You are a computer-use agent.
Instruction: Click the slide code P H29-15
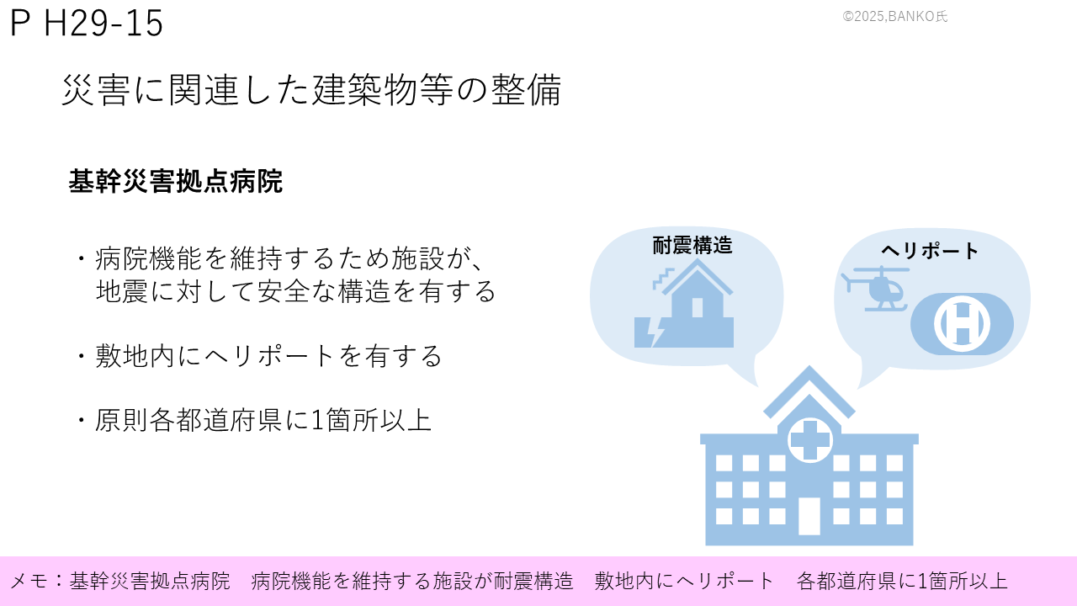tap(87, 23)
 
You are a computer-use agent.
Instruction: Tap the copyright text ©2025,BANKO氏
tap(894, 16)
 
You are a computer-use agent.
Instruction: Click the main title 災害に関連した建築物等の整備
tap(311, 90)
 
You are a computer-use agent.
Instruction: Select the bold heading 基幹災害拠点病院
tap(176, 181)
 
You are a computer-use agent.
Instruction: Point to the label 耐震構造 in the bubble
tap(692, 245)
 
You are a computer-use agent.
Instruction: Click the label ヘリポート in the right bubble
tap(930, 251)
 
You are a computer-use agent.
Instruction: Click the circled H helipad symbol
tap(962, 324)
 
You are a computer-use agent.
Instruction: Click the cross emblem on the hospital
tap(810, 439)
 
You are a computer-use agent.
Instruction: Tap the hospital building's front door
tap(809, 516)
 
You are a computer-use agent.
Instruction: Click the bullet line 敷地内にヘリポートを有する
tap(268, 356)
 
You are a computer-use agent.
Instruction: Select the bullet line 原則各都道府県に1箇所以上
tap(263, 420)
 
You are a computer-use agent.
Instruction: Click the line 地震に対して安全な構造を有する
tap(295, 291)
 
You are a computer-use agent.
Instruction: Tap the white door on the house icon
tap(698, 307)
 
